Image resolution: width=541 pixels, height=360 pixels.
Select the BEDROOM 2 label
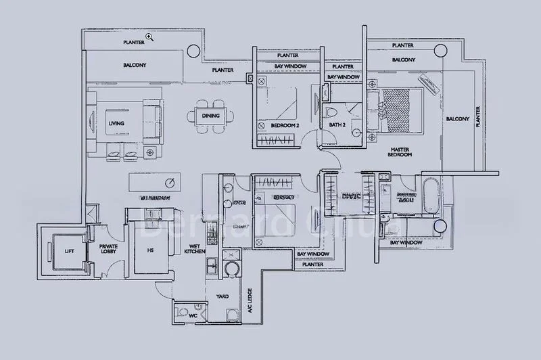pyautogui.click(x=285, y=126)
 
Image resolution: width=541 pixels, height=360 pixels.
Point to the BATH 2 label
pyautogui.click(x=337, y=125)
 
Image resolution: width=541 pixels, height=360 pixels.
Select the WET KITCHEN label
pyautogui.click(x=194, y=249)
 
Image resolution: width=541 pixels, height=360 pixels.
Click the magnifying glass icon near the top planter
pyautogui.click(x=149, y=37)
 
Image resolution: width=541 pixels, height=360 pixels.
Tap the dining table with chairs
pyautogui.click(x=210, y=115)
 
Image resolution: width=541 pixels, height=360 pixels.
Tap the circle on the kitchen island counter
pyautogui.click(x=172, y=182)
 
